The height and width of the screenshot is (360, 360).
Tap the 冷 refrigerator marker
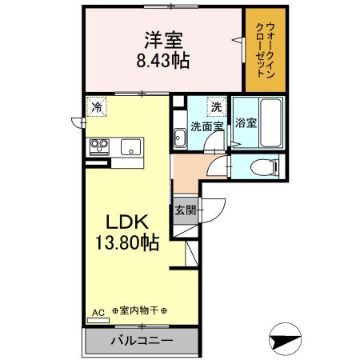tap(96, 106)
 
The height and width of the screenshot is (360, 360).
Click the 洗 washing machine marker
tap(216, 106)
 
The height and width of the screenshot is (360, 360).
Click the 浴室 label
tap(246, 123)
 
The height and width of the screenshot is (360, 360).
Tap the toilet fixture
tap(263, 167)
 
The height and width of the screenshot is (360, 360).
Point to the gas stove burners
tap(100, 146)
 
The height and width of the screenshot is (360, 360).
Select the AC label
tap(98, 311)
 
